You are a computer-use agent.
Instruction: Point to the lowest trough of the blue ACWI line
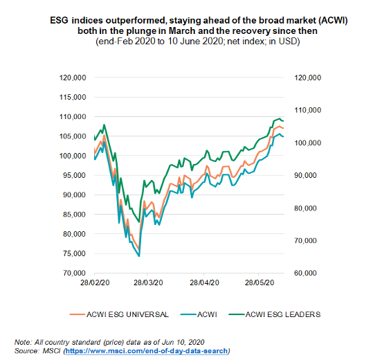point(139,256)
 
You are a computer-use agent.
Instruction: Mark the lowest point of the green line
point(139,222)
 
